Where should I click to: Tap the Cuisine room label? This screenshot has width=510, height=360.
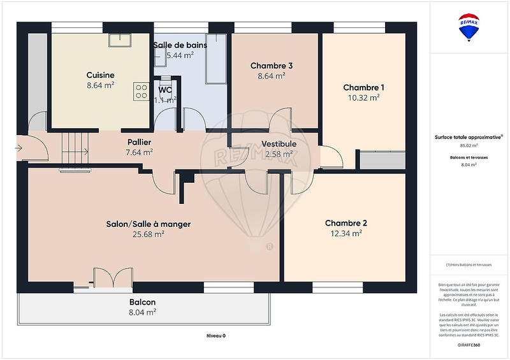tap(101, 74)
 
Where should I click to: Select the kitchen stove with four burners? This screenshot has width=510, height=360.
tap(140, 91)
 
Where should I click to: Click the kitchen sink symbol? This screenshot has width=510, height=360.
tap(119, 40)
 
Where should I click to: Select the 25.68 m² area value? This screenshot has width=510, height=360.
tap(148, 234)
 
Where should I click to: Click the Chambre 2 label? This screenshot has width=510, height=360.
tap(346, 223)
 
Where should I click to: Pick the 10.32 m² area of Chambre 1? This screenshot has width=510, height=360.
tap(364, 97)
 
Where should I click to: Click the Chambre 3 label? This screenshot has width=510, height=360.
tap(272, 66)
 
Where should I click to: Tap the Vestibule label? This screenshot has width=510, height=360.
tap(279, 144)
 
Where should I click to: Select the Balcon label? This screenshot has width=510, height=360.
tap(142, 302)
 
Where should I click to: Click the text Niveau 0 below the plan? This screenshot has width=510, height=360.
tap(215, 336)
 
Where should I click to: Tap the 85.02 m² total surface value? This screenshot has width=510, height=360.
tap(469, 145)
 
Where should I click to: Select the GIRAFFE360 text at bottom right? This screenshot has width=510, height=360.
tap(469, 344)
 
